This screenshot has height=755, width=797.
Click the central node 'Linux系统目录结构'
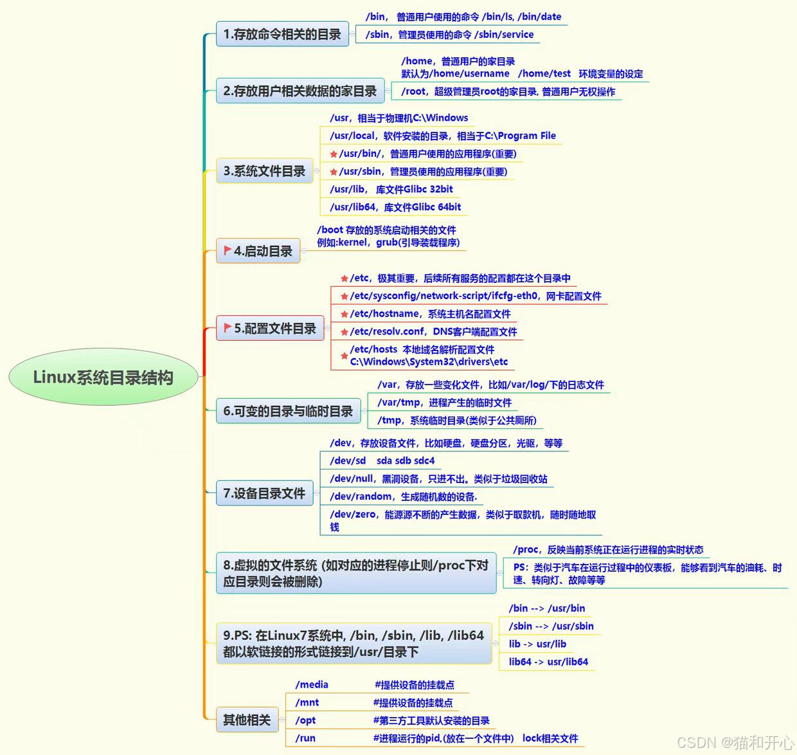pos(103,377)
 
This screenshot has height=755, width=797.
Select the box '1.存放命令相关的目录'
pos(282,34)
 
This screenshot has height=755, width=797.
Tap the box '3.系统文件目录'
pos(264,171)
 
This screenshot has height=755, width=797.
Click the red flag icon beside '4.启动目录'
pos(227,250)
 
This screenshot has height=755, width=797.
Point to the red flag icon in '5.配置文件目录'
pos(227,327)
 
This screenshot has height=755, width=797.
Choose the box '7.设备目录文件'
pos(264,493)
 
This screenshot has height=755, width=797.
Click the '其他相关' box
pos(246,720)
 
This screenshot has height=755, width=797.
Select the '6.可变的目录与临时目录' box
pos(288,411)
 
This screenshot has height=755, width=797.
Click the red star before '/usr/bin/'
pos(334,154)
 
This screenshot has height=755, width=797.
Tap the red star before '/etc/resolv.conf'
pos(345,332)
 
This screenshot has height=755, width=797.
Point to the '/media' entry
pos(312,685)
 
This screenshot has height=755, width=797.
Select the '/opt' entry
pos(306,720)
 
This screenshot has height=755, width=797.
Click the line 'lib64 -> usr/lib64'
pos(548,662)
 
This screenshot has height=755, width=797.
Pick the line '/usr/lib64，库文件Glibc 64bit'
pos(395,207)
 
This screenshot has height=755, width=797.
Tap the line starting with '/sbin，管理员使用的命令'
pos(449,35)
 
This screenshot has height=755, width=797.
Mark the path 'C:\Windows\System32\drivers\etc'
pos(429,362)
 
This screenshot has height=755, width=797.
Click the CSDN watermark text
pos(735,743)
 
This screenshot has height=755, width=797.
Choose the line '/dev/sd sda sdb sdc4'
pos(382,460)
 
